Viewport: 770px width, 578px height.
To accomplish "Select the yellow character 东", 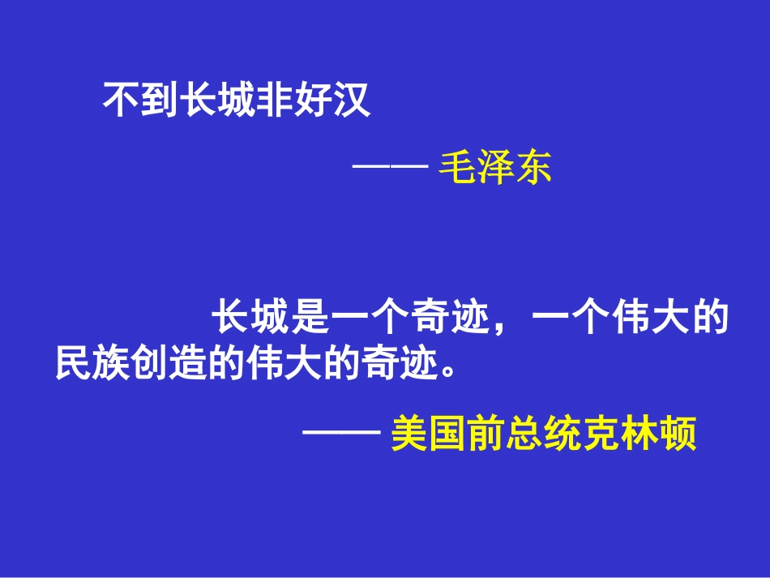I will click(x=533, y=169).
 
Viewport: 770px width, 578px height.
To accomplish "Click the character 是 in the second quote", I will click(x=308, y=319).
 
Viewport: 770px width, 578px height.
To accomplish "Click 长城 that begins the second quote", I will click(x=250, y=319).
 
